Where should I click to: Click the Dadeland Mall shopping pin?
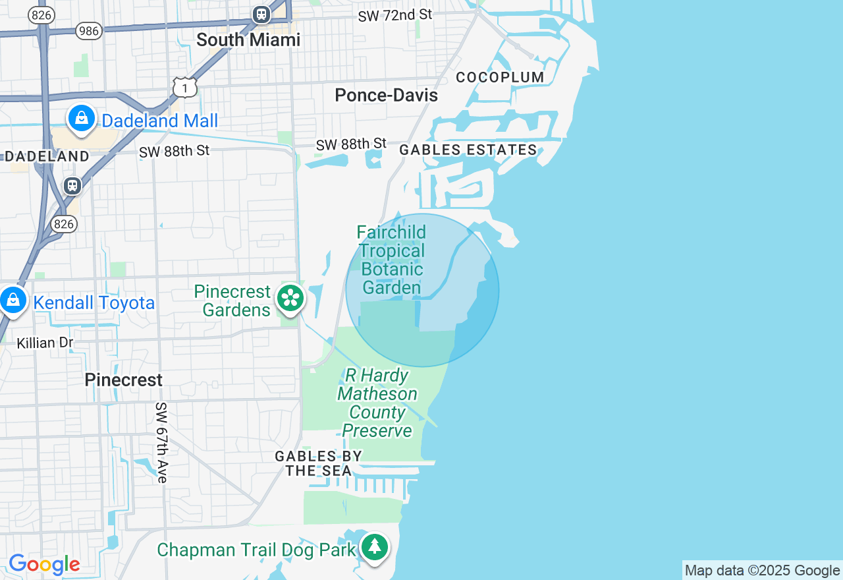[82, 119]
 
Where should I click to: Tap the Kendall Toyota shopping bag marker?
[13, 301]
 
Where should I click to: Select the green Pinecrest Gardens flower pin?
[290, 298]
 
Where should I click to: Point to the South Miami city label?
[248, 40]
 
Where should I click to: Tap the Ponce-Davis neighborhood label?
[386, 96]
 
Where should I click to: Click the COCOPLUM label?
[501, 77]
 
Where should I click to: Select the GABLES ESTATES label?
[468, 150]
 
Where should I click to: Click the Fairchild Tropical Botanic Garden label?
[392, 260]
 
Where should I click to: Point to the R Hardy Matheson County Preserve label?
[377, 403]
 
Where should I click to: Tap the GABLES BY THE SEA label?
[319, 463]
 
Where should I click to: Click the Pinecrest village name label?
[123, 380]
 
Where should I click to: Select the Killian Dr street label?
[45, 343]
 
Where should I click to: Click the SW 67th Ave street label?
[162, 442]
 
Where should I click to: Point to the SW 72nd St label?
[395, 15]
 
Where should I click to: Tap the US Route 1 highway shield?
[185, 87]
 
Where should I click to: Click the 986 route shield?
[89, 30]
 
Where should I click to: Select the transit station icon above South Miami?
[261, 14]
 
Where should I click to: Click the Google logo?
[44, 565]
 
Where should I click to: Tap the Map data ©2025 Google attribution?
[762, 571]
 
